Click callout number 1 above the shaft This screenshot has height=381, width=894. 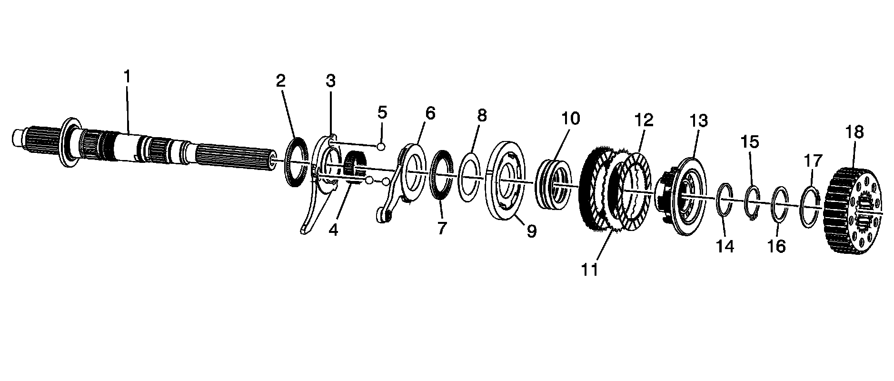pos(127,76)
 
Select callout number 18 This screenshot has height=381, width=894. pos(854,132)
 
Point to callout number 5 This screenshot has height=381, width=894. pos(382,113)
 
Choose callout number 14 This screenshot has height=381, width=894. pos(725,246)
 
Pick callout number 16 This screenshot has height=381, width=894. pos(776,246)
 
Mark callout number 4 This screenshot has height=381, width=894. pos(333,230)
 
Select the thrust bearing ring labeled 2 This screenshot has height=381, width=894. pos(297,162)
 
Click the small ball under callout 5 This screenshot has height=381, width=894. pos(381,146)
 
